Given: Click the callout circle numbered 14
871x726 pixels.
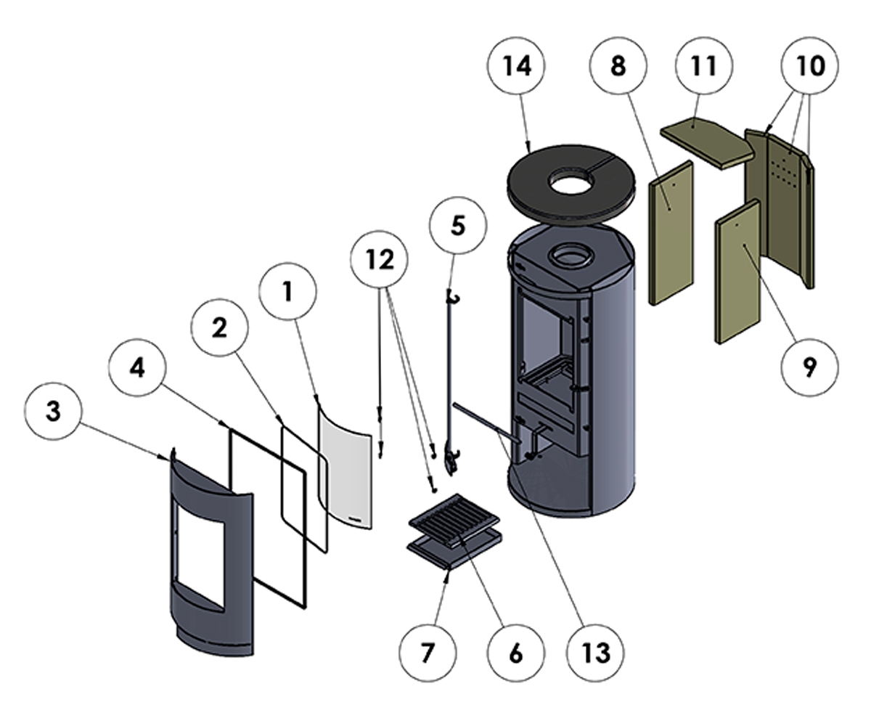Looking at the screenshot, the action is coord(516,66).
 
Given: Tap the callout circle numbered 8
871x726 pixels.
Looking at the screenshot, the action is coord(618,66).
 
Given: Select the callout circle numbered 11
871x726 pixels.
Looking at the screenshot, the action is coord(704,66).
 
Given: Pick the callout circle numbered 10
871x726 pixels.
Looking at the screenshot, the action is coord(810,66).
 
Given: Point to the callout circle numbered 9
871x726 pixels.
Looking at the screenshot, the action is coord(809,367).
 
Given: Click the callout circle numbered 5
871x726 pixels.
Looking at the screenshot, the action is coord(458,226).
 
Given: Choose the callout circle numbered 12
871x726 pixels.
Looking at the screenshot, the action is coord(380,259).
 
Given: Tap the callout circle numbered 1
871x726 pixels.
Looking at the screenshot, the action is coord(288,291).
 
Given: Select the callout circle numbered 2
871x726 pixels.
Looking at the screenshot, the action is coord(220,327).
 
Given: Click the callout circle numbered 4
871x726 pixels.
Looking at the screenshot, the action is coord(137,367).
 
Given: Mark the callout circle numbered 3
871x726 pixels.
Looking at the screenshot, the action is coord(53,411).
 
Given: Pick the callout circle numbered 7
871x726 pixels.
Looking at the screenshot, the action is coord(428,653).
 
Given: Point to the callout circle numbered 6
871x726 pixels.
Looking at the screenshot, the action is coord(516,653).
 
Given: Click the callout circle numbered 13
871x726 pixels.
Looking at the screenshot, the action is coord(595,653).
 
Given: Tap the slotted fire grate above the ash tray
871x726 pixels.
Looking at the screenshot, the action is coord(454,521).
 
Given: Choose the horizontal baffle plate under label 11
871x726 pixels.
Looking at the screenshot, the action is coord(707,142).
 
